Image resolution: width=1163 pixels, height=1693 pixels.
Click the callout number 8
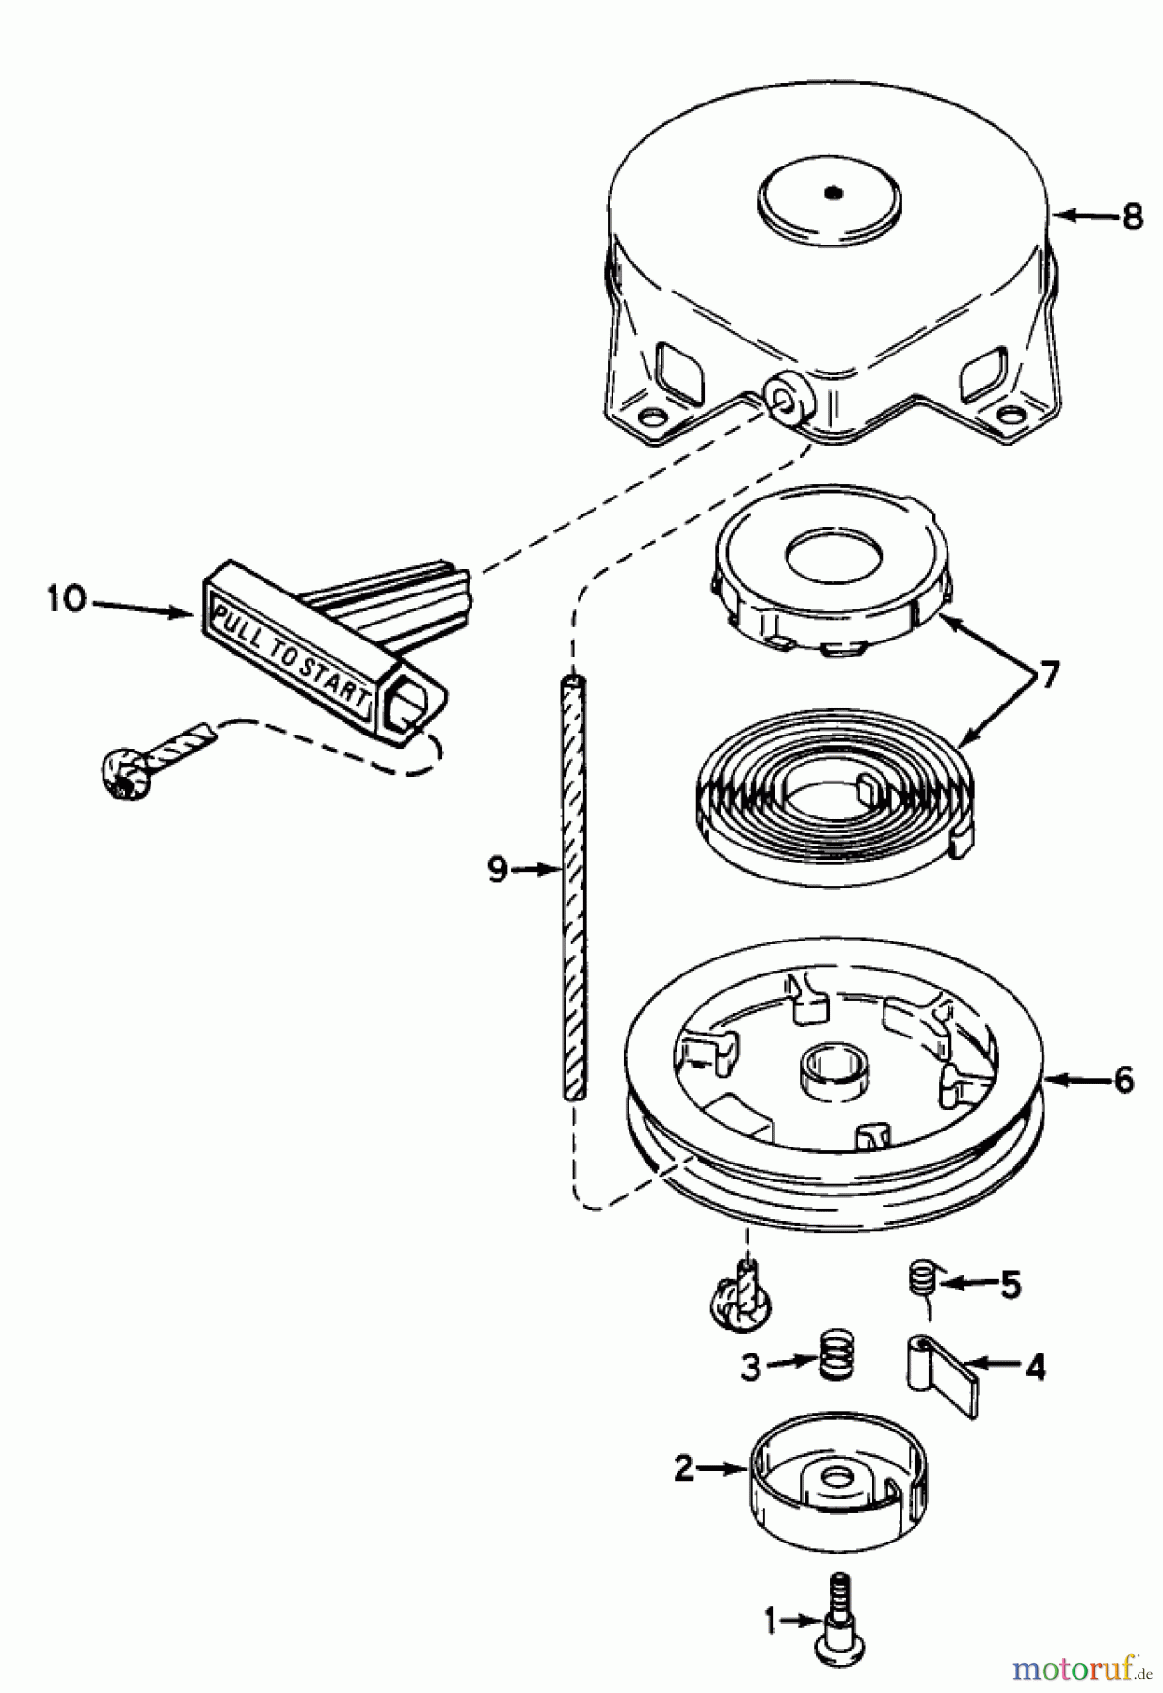coord(1132,216)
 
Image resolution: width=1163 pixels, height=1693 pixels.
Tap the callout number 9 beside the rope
coord(498,869)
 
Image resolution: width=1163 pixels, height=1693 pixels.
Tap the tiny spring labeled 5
coord(923,1280)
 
